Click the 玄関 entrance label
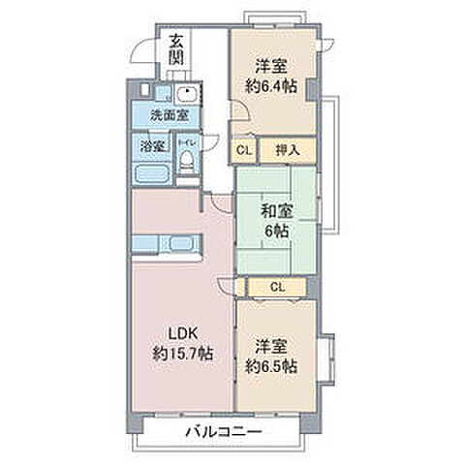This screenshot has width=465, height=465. pyautogui.click(x=175, y=49)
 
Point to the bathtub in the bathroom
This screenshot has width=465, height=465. pyautogui.click(x=152, y=174)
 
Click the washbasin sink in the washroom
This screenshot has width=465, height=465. pyautogui.click(x=186, y=95)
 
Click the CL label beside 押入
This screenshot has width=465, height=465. pyautogui.click(x=243, y=150)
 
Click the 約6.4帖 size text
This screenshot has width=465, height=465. pyautogui.click(x=272, y=85)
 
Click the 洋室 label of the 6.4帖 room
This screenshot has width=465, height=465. pyautogui.click(x=271, y=66)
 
